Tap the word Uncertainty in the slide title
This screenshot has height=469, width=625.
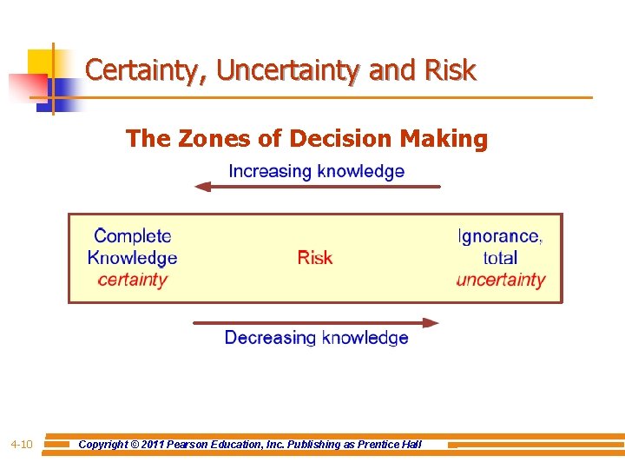click(290, 70)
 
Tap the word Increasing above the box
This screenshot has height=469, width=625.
click(270, 171)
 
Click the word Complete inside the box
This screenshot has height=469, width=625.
click(133, 235)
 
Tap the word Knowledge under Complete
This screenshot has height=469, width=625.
click(132, 258)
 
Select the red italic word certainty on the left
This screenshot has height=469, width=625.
click(132, 280)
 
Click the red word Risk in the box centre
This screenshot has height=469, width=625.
click(314, 258)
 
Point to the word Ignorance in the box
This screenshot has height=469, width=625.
click(499, 235)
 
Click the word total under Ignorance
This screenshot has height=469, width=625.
click(500, 258)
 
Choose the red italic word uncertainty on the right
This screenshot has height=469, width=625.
click(501, 280)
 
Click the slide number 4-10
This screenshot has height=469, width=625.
click(22, 445)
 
